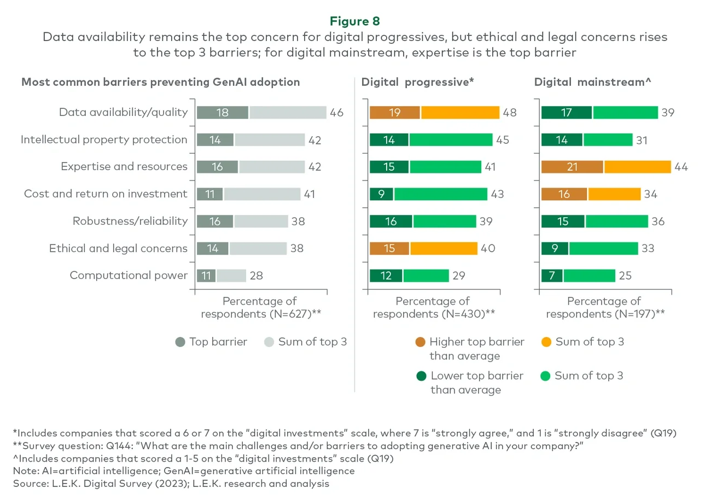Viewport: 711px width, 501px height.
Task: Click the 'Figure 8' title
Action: [355, 21]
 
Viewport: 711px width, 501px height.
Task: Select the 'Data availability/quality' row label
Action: [123, 112]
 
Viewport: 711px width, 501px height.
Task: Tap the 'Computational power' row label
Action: [129, 275]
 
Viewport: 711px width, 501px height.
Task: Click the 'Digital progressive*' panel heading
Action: [417, 82]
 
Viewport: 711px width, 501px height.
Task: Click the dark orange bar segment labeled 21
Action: [572, 167]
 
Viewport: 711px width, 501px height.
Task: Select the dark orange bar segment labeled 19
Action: [394, 112]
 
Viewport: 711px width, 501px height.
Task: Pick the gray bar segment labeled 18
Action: [222, 112]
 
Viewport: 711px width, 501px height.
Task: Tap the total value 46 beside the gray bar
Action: [336, 113]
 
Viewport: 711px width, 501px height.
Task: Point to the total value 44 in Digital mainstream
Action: [680, 167]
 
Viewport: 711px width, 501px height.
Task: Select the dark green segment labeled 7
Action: [551, 275]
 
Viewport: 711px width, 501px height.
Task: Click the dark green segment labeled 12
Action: [386, 275]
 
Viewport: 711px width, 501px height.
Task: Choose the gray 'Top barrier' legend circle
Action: [180, 342]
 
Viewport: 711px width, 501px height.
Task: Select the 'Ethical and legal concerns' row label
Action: [118, 248]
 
